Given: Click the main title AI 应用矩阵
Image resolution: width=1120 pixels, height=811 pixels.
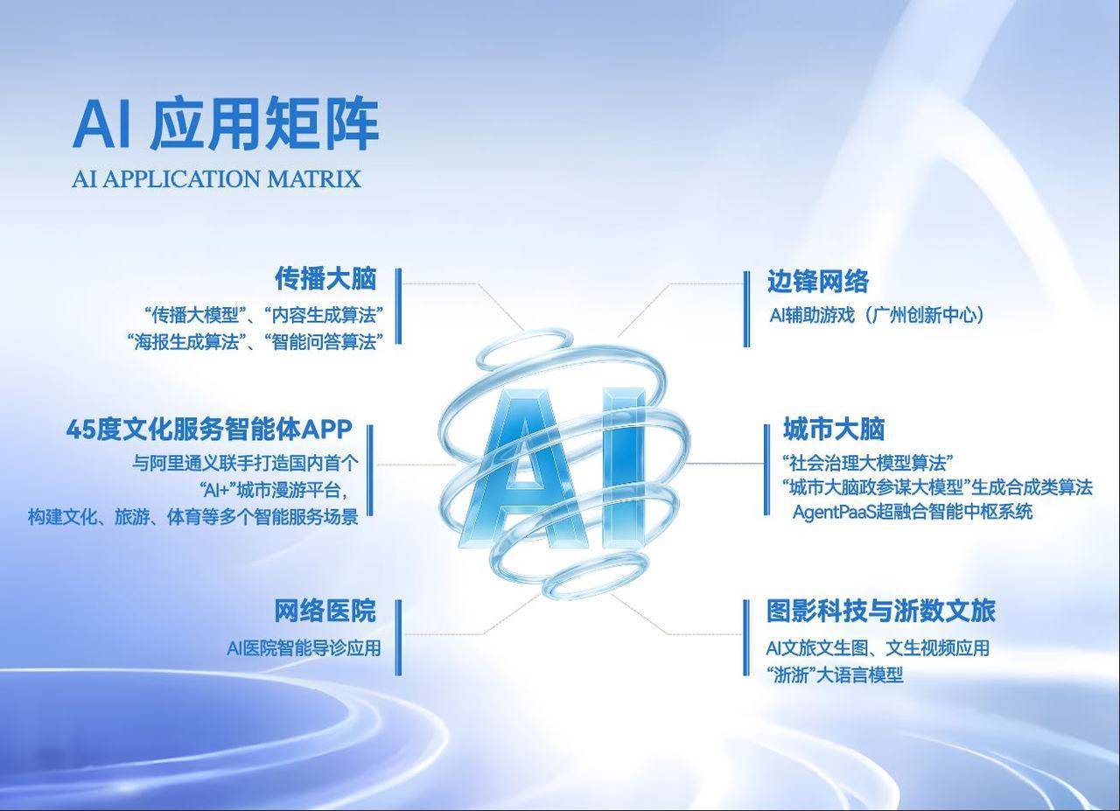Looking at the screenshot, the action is click(x=226, y=124).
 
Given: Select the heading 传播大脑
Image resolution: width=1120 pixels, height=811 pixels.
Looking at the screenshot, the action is click(x=325, y=278).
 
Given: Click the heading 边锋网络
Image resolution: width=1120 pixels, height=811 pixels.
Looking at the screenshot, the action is click(x=818, y=281).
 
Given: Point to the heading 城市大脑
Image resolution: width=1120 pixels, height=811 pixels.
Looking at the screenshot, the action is click(x=834, y=429).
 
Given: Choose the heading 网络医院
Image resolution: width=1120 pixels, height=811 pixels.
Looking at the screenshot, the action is click(x=325, y=611).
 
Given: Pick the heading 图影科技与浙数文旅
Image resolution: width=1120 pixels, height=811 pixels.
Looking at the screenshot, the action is click(x=881, y=611).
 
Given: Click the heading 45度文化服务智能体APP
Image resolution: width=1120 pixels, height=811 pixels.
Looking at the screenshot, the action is click(x=209, y=430).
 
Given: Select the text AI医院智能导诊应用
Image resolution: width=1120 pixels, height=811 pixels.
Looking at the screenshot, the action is click(x=304, y=648).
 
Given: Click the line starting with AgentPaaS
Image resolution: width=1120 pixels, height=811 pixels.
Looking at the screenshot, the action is click(x=913, y=512).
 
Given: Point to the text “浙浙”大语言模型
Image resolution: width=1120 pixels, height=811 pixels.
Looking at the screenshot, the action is click(x=835, y=675).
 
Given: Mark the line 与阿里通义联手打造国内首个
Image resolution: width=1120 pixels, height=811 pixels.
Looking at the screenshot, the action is click(x=246, y=463).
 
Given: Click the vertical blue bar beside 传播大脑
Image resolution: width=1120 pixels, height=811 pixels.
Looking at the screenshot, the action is click(x=398, y=306).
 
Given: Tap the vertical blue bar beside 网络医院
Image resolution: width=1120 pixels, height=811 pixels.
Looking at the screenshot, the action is click(x=398, y=638).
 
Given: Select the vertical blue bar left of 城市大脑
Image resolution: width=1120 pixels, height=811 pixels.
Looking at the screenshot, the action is click(x=767, y=470).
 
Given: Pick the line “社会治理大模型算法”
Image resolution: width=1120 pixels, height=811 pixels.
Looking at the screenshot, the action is click(x=867, y=463).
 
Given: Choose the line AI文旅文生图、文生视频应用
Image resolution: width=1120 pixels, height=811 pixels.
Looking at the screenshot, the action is click(x=878, y=648).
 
